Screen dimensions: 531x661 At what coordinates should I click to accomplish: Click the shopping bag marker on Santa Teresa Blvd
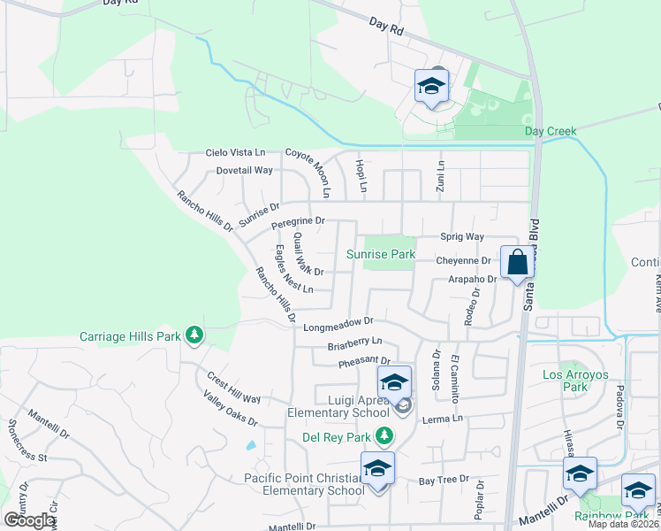point(517,263)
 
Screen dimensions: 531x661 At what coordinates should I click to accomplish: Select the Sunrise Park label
point(380,254)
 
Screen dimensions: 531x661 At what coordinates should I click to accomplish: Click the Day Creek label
point(551,131)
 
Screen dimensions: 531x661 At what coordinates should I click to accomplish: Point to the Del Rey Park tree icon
point(384,435)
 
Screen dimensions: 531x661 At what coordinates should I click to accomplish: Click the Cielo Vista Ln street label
point(235,152)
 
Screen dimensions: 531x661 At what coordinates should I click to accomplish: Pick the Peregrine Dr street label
point(299,220)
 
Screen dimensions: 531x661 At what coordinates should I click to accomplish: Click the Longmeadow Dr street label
point(339,326)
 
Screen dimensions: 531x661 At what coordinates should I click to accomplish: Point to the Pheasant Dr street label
point(364,361)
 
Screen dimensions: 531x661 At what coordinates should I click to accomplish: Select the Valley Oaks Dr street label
point(230,410)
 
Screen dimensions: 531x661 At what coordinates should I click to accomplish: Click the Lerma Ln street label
point(443,418)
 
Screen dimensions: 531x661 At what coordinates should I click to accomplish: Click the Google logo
point(29,520)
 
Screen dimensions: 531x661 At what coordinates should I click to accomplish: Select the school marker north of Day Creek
point(432,86)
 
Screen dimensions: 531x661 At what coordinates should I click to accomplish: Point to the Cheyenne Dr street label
point(462,261)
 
